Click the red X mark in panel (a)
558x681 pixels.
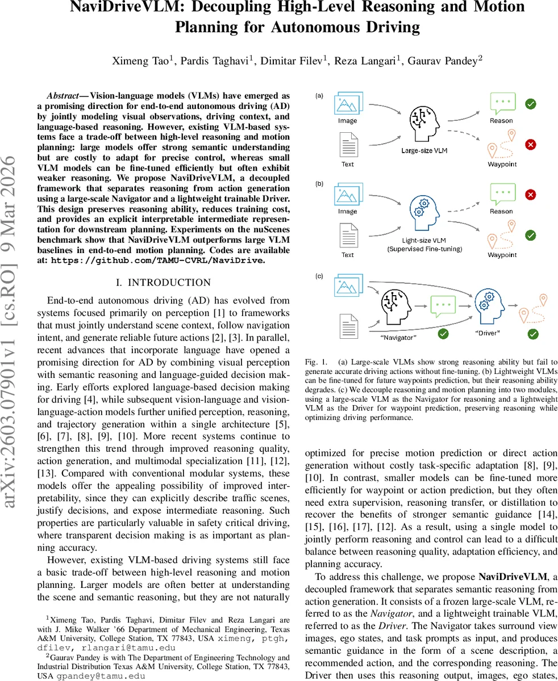(530, 145)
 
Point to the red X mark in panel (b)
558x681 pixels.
(530, 195)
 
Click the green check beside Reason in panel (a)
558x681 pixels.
(530, 104)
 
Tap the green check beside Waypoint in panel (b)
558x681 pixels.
(530, 235)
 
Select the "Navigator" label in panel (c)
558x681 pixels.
(398, 338)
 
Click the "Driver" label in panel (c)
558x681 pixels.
(487, 333)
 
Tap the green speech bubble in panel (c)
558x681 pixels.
(443, 306)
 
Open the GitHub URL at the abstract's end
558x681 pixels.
(157, 260)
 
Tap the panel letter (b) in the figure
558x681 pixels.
(320, 184)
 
